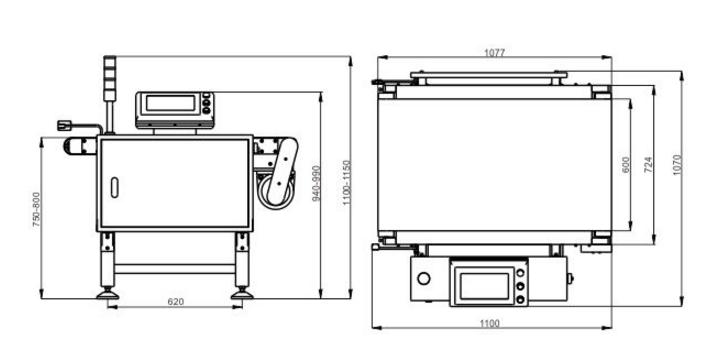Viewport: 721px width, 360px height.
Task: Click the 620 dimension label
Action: point(176,302)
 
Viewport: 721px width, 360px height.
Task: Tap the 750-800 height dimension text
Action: point(37,210)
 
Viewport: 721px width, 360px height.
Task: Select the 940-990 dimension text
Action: point(316,183)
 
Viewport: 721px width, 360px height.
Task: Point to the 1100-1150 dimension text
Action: point(347,183)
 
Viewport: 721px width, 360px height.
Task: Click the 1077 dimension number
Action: point(495,53)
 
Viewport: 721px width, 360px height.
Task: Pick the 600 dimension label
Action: point(626,165)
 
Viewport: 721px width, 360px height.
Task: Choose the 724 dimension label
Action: point(648,165)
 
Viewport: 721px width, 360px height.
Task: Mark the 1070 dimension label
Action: point(676,165)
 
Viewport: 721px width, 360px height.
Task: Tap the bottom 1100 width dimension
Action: point(489,323)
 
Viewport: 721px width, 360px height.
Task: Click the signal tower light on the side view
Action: point(109,78)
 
